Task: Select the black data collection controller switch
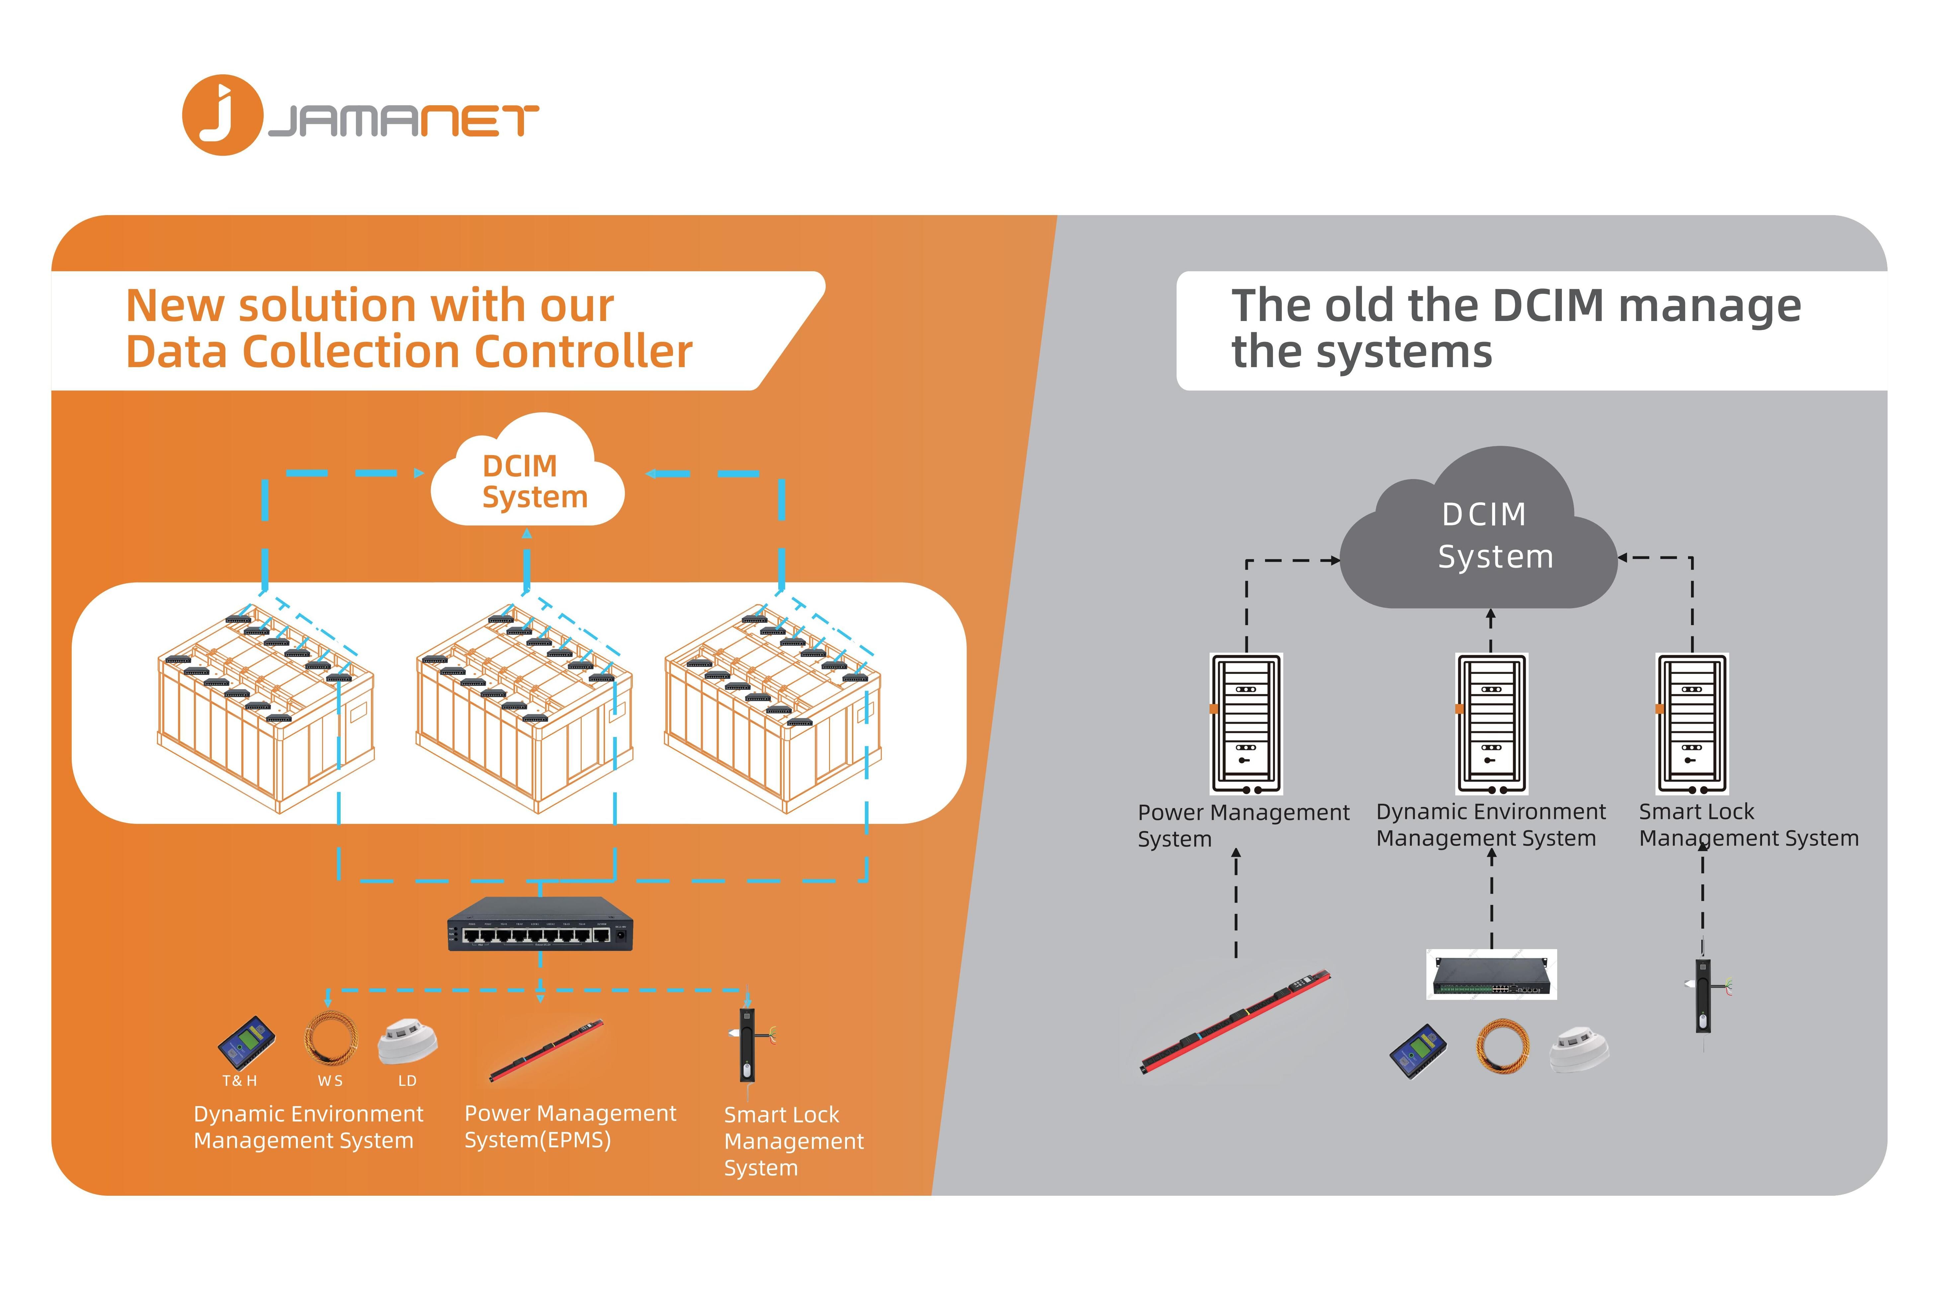pyautogui.click(x=540, y=924)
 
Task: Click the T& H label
pyautogui.click(x=239, y=1080)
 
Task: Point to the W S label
pyautogui.click(x=330, y=1080)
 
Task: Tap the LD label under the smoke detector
pyautogui.click(x=407, y=1080)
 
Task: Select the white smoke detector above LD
pyautogui.click(x=407, y=1041)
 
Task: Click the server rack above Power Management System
pyautogui.click(x=1245, y=724)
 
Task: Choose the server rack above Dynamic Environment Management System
pyautogui.click(x=1491, y=724)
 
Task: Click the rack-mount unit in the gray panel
pyautogui.click(x=1491, y=975)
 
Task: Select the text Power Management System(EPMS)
pyautogui.click(x=569, y=1126)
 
